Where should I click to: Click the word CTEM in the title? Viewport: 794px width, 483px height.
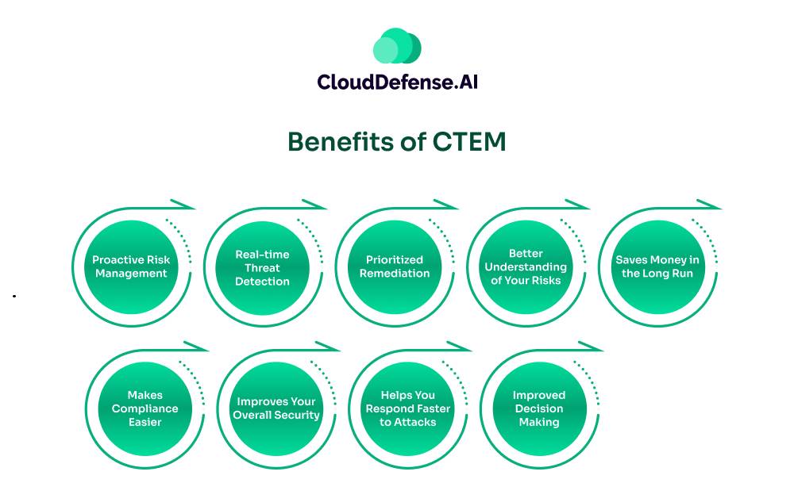[469, 141]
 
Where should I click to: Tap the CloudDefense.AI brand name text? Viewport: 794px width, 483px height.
[397, 82]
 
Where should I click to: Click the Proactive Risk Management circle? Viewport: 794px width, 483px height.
[131, 266]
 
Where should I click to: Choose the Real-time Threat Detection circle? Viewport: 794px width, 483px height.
[263, 266]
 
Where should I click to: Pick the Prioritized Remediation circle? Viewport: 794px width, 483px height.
[395, 266]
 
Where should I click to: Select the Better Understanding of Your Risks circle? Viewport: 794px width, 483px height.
[526, 266]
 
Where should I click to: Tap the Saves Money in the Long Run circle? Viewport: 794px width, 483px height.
[657, 266]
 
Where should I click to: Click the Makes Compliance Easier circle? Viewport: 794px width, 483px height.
[145, 408]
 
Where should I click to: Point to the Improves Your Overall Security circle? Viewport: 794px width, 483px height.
[276, 408]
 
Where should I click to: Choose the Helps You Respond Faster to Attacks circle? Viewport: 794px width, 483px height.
[407, 408]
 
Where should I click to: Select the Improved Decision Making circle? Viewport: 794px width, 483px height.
[539, 408]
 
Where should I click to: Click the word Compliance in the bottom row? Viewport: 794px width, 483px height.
[145, 408]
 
